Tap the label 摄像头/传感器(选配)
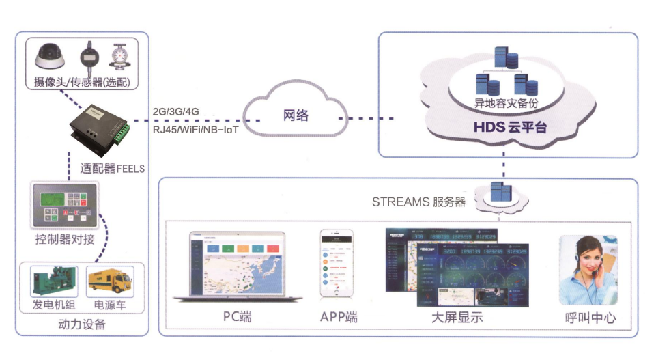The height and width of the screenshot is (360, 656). (81, 83)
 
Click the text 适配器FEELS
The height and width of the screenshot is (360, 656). (109, 168)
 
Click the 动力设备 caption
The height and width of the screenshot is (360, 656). (82, 324)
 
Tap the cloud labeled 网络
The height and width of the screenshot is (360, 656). (296, 114)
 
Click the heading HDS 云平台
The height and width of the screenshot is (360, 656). (510, 127)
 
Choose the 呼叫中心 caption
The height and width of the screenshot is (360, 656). (590, 318)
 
